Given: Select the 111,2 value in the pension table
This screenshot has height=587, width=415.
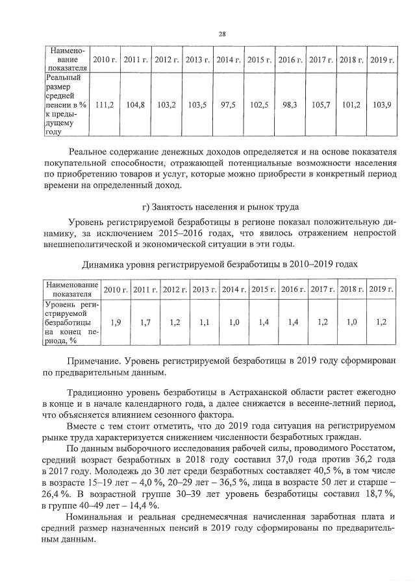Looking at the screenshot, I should click(104, 104).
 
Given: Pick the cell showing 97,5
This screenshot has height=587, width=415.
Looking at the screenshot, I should click(229, 104).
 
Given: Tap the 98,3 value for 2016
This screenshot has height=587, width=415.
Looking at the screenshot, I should click(290, 104).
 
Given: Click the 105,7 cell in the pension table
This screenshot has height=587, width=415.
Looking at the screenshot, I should click(321, 104).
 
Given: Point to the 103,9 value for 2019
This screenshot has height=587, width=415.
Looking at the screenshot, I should click(383, 104).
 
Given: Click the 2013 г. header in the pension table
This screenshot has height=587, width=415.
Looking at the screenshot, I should click(197, 60).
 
